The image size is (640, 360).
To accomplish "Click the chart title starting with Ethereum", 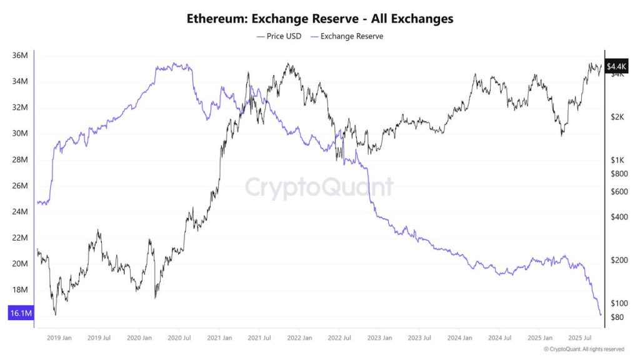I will (320, 19).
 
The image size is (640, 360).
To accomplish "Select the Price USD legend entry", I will (279, 36).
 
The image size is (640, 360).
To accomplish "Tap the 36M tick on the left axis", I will (20, 56).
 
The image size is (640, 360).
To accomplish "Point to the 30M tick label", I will (20, 134).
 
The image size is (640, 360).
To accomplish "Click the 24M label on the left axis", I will (20, 212).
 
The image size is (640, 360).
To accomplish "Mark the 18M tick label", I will (20, 290).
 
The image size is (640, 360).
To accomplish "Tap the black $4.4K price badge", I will (616, 66).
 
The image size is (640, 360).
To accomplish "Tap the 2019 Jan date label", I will (59, 337).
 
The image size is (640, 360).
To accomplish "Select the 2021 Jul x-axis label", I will (259, 337).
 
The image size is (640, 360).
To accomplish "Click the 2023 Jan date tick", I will (379, 337).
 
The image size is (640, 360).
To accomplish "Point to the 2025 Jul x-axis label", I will (579, 337).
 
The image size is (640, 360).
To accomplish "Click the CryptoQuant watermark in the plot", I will (319, 187).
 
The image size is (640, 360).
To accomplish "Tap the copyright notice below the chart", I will (584, 349).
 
